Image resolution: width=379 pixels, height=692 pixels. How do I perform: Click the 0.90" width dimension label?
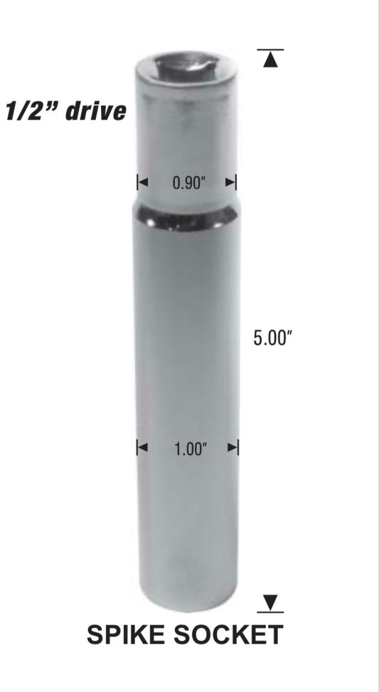tap(188, 183)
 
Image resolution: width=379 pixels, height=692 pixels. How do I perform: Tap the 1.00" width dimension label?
tap(189, 449)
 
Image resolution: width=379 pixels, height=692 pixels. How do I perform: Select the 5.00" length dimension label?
tap(273, 338)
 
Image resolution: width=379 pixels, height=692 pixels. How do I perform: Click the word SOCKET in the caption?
tap(230, 635)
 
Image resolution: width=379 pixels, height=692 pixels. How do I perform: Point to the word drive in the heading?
tap(95, 111)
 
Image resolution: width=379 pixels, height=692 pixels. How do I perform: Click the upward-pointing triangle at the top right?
tap(269, 61)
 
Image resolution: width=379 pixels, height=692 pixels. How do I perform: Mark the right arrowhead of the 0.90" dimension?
tap(231, 183)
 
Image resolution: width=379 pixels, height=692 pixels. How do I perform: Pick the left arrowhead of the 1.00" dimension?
tap(142, 448)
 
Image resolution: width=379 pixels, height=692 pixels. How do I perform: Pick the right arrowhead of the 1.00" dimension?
tap(233, 448)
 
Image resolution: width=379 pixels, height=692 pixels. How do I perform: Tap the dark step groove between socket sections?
tap(187, 220)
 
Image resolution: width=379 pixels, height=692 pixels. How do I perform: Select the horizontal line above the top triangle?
tap(269, 50)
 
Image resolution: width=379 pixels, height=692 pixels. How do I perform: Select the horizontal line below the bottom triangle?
tap(269, 612)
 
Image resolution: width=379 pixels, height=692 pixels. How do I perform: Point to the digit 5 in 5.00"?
tap(258, 338)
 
